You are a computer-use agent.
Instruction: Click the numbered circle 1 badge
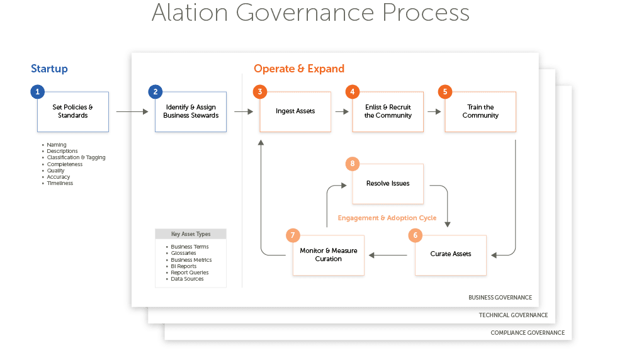pyautogui.click(x=38, y=92)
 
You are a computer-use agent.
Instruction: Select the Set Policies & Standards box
pyautogui.click(x=73, y=112)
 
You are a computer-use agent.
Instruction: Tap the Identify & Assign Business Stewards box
pyautogui.click(x=191, y=112)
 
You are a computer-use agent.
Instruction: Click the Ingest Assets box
pyautogui.click(x=295, y=112)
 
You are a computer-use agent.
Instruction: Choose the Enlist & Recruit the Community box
pyautogui.click(x=388, y=112)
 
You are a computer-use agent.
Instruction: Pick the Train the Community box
pyautogui.click(x=480, y=112)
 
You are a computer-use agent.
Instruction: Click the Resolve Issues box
pyautogui.click(x=388, y=184)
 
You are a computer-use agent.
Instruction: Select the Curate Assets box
pyautogui.click(x=451, y=255)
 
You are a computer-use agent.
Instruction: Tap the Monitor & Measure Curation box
pyautogui.click(x=329, y=255)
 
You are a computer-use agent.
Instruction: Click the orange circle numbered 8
pyautogui.click(x=353, y=164)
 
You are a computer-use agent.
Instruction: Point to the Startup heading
pyautogui.click(x=49, y=69)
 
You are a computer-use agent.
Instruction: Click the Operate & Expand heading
pyautogui.click(x=299, y=69)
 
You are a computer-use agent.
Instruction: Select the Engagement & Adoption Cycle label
pyautogui.click(x=387, y=218)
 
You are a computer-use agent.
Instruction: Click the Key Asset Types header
pyautogui.click(x=191, y=234)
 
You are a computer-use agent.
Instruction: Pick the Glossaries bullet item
pyautogui.click(x=183, y=253)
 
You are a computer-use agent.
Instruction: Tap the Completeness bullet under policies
pyautogui.click(x=65, y=164)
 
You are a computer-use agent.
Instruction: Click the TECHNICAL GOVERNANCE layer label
pyautogui.click(x=513, y=315)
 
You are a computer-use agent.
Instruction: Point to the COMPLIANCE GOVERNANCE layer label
pyautogui.click(x=528, y=333)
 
